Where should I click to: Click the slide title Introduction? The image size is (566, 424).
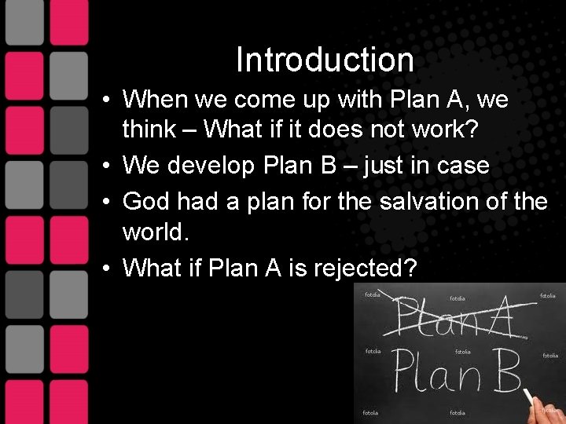click(325, 60)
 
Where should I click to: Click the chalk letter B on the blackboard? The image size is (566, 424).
click(503, 371)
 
